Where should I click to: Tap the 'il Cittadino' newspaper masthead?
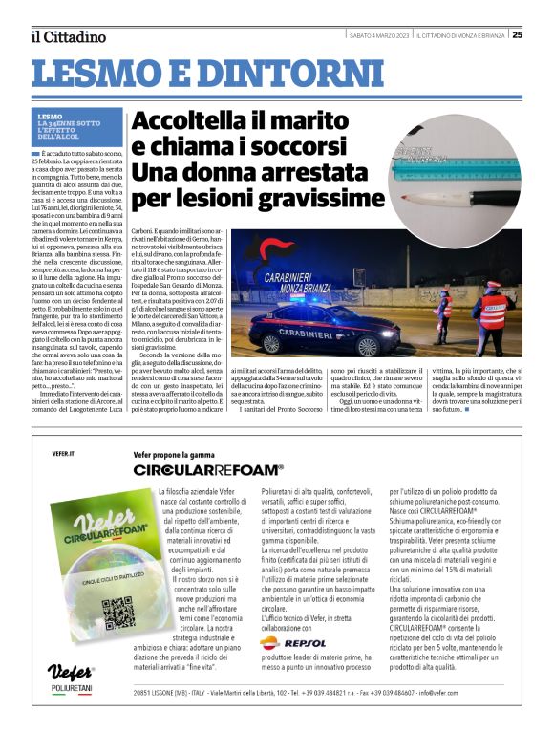[x=68, y=37]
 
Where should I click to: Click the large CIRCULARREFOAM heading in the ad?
[x=208, y=470]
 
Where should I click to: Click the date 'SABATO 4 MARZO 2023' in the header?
[x=379, y=35]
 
